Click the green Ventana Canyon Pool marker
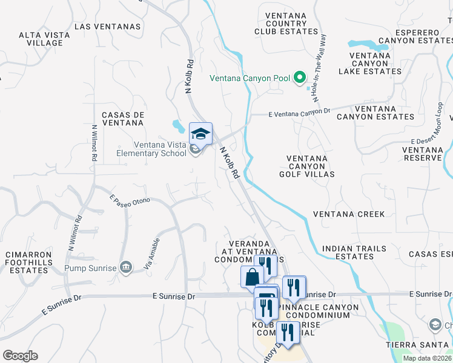click(299, 77)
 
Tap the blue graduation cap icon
click(201, 133)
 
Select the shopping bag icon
click(251, 277)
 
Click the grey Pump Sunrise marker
click(126, 267)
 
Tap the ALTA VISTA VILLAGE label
click(41, 39)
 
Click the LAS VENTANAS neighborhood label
click(107, 27)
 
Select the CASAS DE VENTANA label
click(122, 119)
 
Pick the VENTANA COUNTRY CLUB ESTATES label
click(286, 22)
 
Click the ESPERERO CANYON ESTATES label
click(415, 36)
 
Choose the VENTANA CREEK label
click(349, 214)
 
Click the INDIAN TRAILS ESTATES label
click(348, 252)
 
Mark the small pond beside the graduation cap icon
click(179, 126)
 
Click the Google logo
click(20, 355)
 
